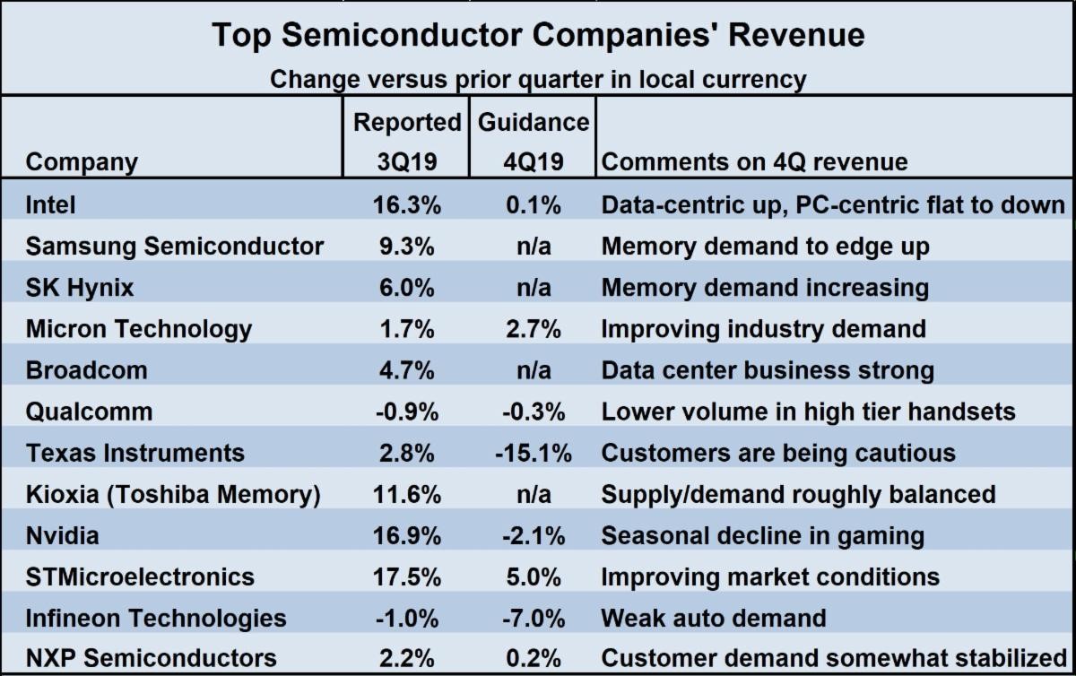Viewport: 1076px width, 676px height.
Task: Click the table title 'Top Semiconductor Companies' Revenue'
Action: click(x=538, y=35)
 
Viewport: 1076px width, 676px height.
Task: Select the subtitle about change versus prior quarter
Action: click(x=538, y=79)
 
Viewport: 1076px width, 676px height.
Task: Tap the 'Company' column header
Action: click(x=82, y=162)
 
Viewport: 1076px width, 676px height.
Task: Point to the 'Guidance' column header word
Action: click(x=534, y=122)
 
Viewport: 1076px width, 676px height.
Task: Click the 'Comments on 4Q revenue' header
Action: click(x=754, y=162)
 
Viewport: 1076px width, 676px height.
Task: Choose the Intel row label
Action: click(x=51, y=205)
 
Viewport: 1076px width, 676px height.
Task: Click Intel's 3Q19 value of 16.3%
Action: click(x=407, y=205)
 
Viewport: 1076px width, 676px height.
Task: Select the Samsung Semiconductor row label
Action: click(x=175, y=247)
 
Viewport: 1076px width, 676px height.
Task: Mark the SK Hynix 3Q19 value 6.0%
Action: click(x=407, y=288)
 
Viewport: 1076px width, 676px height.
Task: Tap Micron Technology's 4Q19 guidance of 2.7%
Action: click(x=533, y=329)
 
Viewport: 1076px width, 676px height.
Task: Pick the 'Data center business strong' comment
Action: click(x=768, y=370)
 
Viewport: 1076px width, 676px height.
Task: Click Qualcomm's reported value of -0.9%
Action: click(x=405, y=412)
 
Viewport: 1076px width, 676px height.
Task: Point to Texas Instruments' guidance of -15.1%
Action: click(x=533, y=453)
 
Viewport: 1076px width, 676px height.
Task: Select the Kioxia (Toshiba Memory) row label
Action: click(x=173, y=494)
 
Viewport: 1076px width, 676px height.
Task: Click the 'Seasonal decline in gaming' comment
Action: click(x=762, y=536)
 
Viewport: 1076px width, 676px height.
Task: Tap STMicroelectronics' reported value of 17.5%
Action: click(x=407, y=576)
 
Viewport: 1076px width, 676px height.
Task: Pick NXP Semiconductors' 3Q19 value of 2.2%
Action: click(x=407, y=658)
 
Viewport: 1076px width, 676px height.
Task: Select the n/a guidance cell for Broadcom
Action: click(x=533, y=370)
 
